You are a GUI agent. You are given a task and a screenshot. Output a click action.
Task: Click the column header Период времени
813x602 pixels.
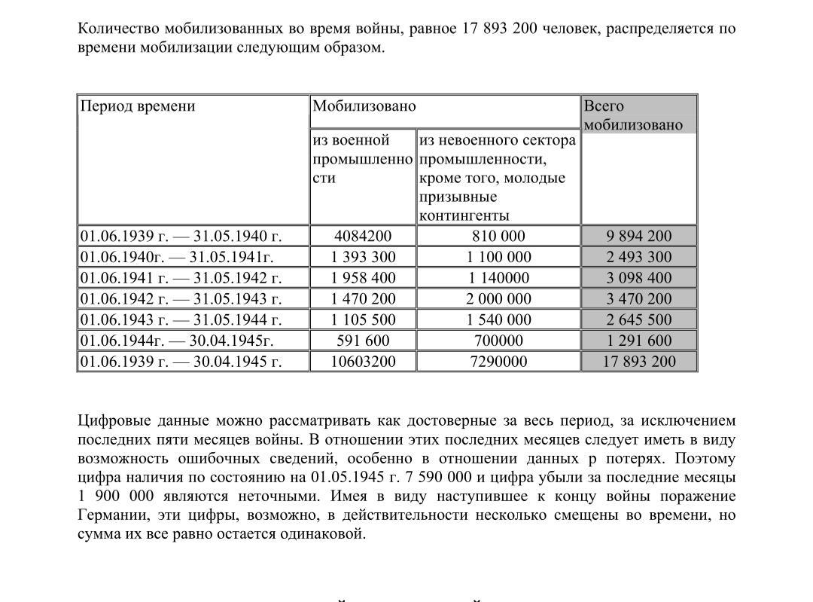[x=138, y=106]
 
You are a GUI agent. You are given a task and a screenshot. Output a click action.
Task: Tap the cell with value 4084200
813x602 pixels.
[x=363, y=236]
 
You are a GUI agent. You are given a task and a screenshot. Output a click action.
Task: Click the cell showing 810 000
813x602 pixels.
[x=498, y=236]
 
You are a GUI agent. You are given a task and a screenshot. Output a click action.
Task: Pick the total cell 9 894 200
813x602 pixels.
[x=639, y=236]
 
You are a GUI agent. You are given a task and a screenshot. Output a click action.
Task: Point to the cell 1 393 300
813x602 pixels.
[x=363, y=257]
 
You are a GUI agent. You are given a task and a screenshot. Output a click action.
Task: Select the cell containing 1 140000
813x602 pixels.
[x=498, y=278]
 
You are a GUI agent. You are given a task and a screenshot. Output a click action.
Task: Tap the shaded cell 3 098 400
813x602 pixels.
[x=639, y=278]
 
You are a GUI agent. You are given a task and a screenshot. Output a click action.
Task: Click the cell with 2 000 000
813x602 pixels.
[x=498, y=299]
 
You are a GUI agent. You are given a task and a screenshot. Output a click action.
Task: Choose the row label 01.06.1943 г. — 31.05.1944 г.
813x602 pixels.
[x=181, y=319]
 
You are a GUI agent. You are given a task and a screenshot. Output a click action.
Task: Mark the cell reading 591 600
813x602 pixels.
[x=363, y=341]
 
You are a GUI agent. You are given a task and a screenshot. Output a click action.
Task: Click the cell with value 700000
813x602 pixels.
[x=498, y=341]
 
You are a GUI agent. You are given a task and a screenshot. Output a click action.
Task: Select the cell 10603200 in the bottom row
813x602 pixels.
[x=363, y=362]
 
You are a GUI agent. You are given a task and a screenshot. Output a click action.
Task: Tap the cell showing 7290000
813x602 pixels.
[x=498, y=362]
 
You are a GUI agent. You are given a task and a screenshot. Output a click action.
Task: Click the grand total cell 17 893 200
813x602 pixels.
[x=639, y=362]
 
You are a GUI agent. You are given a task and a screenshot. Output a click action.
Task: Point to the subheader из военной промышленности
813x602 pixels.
[x=362, y=159]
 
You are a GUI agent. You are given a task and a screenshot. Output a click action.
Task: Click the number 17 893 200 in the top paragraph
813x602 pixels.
[x=498, y=29]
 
